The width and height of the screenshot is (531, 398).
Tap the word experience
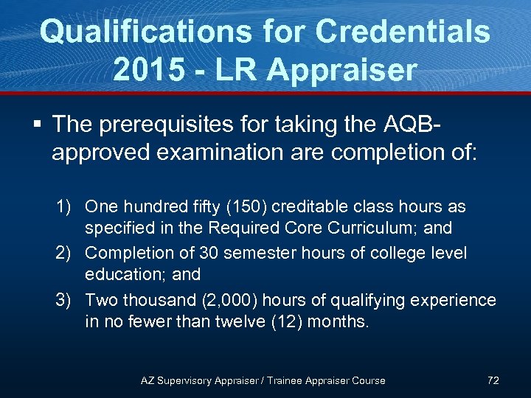click(x=454, y=300)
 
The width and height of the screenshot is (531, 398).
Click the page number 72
click(x=493, y=380)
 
